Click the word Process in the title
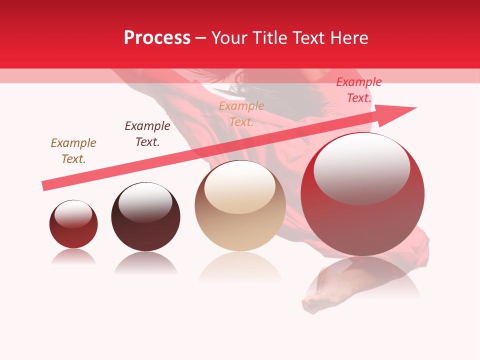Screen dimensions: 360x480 [x=157, y=38]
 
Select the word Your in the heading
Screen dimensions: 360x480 [x=229, y=38]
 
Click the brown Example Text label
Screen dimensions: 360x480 [x=73, y=151]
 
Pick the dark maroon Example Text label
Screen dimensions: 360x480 [x=147, y=134]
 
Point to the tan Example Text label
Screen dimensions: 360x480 [x=241, y=114]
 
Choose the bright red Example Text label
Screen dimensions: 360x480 [x=359, y=90]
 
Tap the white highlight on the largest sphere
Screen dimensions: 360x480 [x=362, y=168]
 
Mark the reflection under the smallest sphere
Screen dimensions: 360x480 [x=73, y=257]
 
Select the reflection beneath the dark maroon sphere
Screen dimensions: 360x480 [x=145, y=262]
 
